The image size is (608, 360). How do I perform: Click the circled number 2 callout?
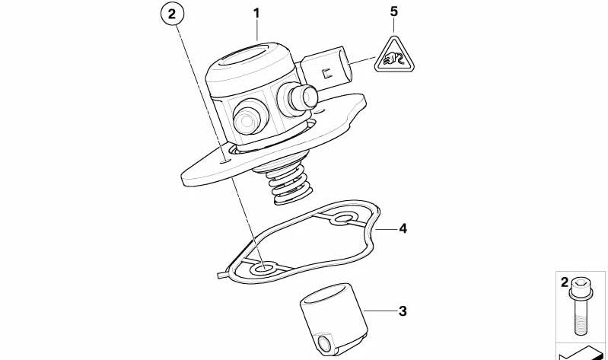coord(172,14)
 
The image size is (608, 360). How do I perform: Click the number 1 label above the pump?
coord(256,14)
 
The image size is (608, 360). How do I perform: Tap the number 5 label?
coord(394,11)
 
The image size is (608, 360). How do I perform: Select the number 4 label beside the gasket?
coord(403,228)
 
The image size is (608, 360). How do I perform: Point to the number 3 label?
coord(403,311)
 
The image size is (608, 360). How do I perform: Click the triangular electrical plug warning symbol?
coord(394,56)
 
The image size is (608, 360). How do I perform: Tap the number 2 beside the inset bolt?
coord(564,282)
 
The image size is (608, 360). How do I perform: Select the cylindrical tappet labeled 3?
coord(333,319)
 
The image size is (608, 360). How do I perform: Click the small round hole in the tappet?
coord(323,342)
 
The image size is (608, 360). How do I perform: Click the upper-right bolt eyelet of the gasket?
coord(343,218)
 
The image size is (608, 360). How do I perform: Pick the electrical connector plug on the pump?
coord(326,68)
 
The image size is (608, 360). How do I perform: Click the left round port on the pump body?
coord(250,116)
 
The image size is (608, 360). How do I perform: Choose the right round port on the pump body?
coord(298,98)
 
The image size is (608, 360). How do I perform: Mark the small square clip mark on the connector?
coord(326,73)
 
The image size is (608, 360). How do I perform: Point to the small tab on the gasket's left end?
coord(222,274)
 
